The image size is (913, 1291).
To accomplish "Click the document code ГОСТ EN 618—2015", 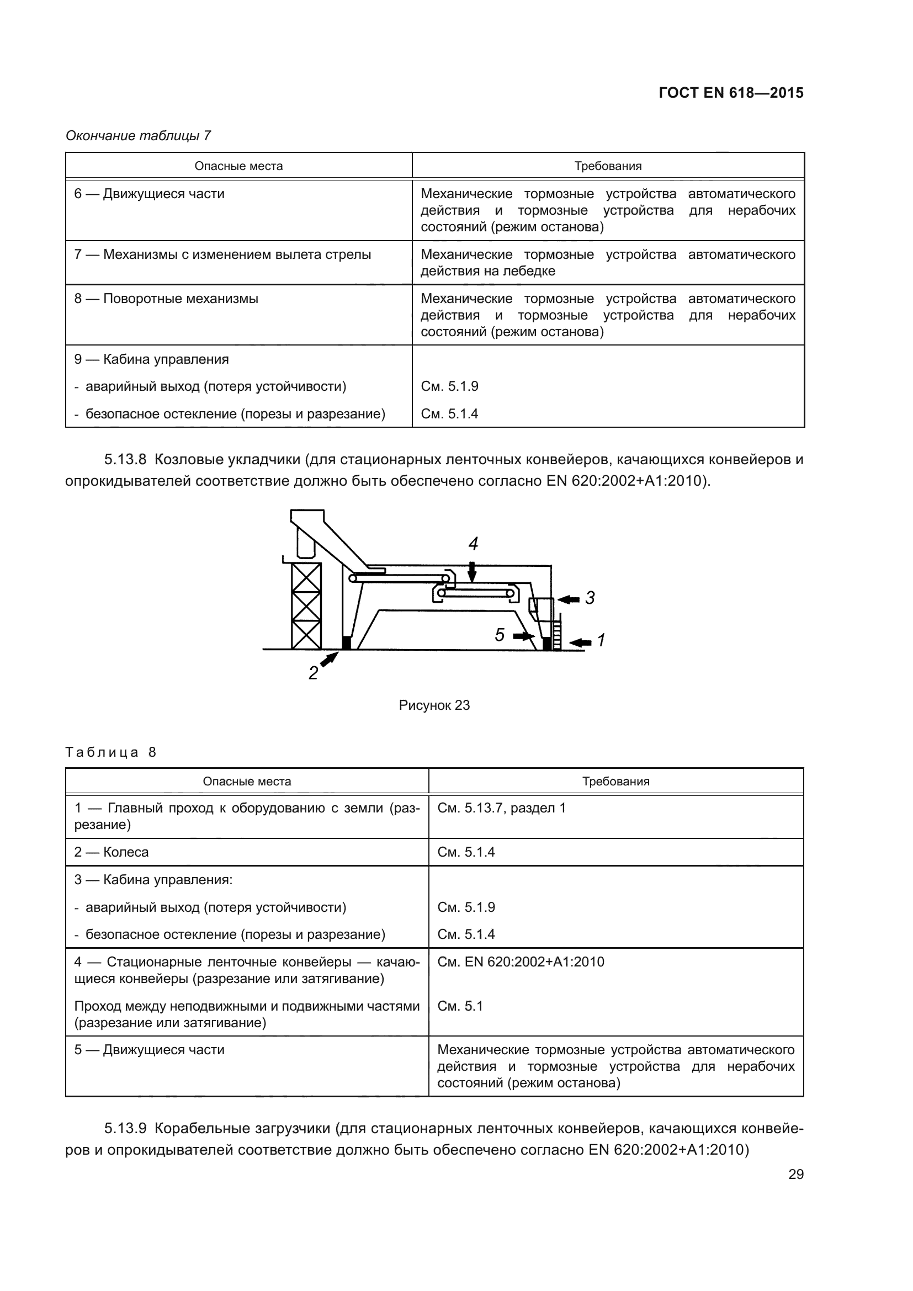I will [x=731, y=93].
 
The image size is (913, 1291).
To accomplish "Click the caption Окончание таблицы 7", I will [x=139, y=136].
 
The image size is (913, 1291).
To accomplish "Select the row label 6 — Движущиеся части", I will [x=150, y=194].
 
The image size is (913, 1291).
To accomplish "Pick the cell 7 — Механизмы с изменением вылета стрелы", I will [x=222, y=254].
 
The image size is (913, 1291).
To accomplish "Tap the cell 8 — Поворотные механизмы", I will [x=166, y=299].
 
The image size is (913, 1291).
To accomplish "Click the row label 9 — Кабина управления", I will [x=152, y=359].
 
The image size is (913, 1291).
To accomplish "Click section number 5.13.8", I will [x=125, y=459].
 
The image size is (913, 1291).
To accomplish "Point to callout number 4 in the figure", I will [x=474, y=544].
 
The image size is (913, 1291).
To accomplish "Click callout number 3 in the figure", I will [x=590, y=598].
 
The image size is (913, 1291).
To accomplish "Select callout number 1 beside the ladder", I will [x=601, y=640].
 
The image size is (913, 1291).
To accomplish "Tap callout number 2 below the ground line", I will [x=313, y=673].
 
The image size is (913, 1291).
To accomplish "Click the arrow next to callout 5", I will [x=524, y=636].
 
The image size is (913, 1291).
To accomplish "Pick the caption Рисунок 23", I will [x=434, y=705].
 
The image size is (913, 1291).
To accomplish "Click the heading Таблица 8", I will [x=111, y=752].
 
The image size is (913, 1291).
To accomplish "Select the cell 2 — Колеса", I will [x=112, y=852].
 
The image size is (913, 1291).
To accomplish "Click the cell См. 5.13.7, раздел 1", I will [x=501, y=808].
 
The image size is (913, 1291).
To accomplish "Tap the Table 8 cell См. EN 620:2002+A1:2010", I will [x=521, y=961].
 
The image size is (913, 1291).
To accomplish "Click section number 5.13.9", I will [x=125, y=1129].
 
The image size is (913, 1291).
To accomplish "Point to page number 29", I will [x=795, y=1174].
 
